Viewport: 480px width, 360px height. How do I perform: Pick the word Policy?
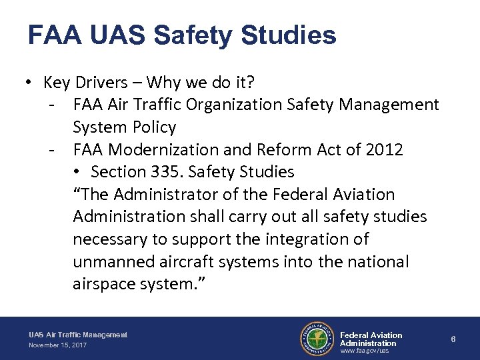pos(153,127)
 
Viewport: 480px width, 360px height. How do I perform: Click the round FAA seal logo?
pos(317,339)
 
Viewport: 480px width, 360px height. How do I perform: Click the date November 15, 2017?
pos(57,345)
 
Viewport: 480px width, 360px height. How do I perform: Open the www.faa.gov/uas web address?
pos(365,351)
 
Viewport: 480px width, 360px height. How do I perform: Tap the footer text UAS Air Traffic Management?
pos(78,335)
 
